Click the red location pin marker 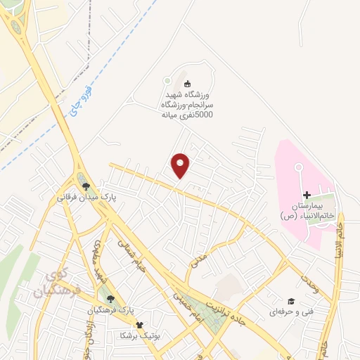(x=181, y=165)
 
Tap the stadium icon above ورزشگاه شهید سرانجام (x=187, y=84)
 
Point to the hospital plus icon (x=306, y=195)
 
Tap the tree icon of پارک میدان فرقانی (x=86, y=186)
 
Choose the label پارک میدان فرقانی (x=86, y=198)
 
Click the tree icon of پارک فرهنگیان (x=108, y=298)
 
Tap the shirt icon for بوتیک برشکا (x=139, y=325)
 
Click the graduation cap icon (x=290, y=300)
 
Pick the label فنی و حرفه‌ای (x=289, y=310)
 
